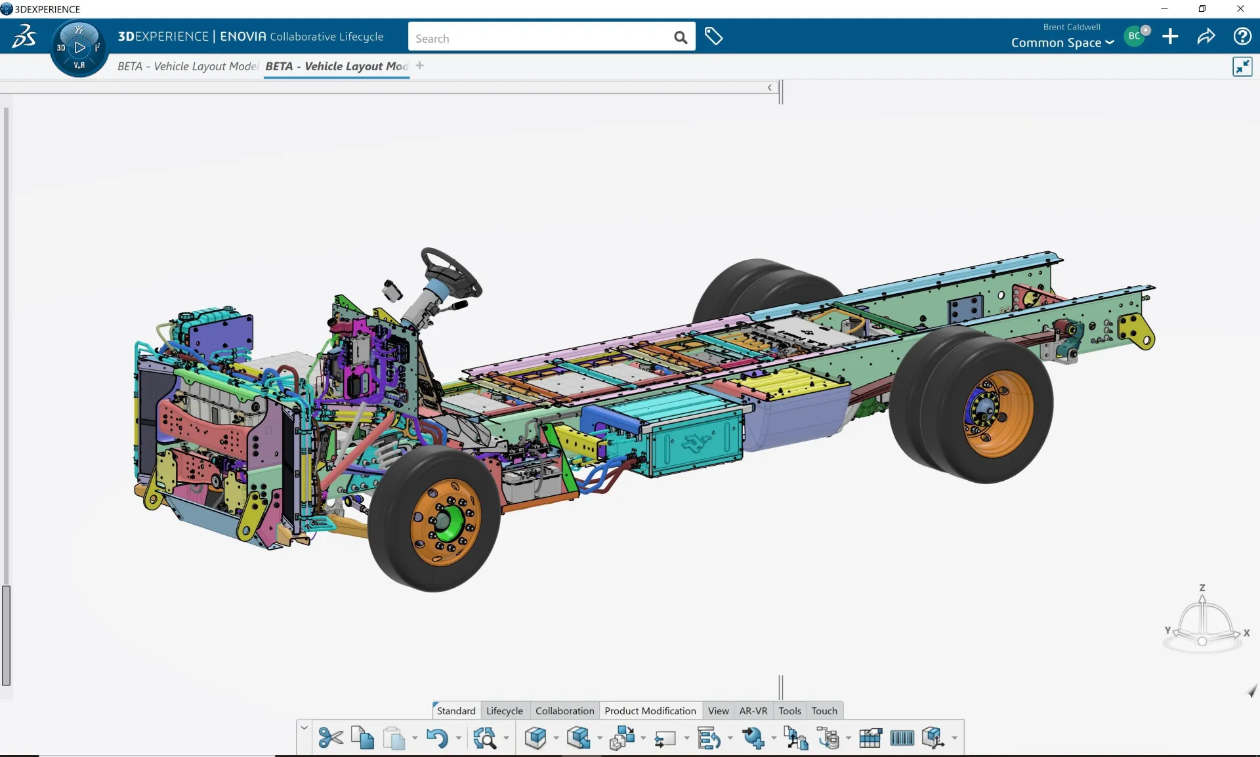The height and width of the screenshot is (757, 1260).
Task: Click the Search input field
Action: (x=538, y=38)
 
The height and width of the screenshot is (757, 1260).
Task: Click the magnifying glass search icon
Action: (x=681, y=38)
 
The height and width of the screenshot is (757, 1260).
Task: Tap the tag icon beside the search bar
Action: (x=713, y=36)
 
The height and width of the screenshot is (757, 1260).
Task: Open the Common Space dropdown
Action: (x=1062, y=43)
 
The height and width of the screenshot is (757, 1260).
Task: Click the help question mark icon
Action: (x=1242, y=36)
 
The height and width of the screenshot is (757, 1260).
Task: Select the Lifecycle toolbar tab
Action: (x=504, y=710)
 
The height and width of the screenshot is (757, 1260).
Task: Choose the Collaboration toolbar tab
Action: (x=564, y=710)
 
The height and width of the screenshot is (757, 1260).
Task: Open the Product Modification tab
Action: (x=650, y=710)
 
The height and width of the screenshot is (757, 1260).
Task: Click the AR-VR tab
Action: (x=753, y=710)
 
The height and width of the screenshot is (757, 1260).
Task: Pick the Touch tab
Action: (x=824, y=710)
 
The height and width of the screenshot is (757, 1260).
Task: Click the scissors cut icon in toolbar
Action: (x=330, y=738)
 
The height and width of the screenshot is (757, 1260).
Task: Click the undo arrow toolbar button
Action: (x=437, y=738)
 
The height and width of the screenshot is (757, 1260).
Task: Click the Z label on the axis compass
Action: (x=1202, y=588)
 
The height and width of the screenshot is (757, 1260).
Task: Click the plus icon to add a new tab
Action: (x=419, y=66)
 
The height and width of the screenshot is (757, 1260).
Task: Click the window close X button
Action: (x=1240, y=9)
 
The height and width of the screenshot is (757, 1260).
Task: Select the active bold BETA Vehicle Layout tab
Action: (x=336, y=66)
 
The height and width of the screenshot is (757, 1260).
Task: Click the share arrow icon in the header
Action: (x=1206, y=36)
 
